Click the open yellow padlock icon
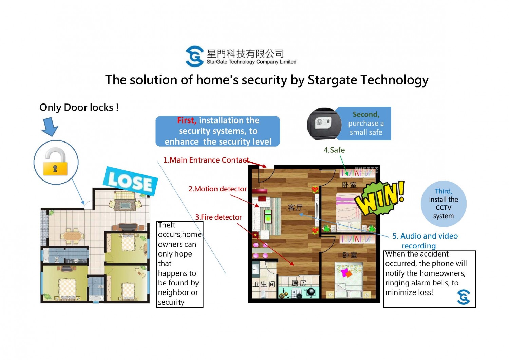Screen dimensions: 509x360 point(55,162)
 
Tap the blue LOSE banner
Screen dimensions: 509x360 point(130,181)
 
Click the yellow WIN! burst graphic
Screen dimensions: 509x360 point(379,198)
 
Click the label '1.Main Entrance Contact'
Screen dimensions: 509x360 point(206,160)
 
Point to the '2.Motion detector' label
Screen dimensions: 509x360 point(218,189)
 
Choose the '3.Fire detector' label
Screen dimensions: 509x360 point(219,217)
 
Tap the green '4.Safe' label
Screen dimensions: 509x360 point(334,150)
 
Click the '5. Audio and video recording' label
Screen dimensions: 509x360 point(425,241)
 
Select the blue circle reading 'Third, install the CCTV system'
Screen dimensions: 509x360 point(443,204)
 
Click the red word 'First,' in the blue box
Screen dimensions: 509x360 point(187,120)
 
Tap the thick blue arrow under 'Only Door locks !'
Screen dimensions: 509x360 point(50,127)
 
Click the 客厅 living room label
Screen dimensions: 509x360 point(295,208)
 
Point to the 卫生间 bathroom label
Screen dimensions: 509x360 point(264,284)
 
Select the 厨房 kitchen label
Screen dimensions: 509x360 point(299,283)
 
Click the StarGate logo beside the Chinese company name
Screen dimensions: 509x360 point(194,56)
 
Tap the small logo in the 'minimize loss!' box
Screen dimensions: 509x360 point(463,297)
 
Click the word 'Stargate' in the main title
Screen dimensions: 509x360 point(333,80)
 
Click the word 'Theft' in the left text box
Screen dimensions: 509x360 point(167,225)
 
